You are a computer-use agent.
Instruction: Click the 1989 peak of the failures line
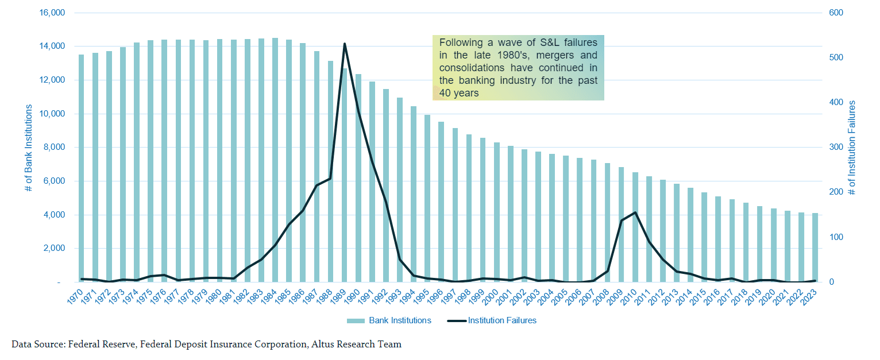tap(345, 44)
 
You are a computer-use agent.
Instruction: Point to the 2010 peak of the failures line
tap(635, 212)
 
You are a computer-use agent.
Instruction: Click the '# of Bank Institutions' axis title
tap(29, 147)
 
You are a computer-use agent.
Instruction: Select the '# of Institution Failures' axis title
tap(852, 147)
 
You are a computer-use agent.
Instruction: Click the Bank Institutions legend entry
tap(389, 320)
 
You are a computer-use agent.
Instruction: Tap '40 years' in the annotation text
tap(458, 93)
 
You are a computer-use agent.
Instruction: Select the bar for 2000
tap(497, 212)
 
